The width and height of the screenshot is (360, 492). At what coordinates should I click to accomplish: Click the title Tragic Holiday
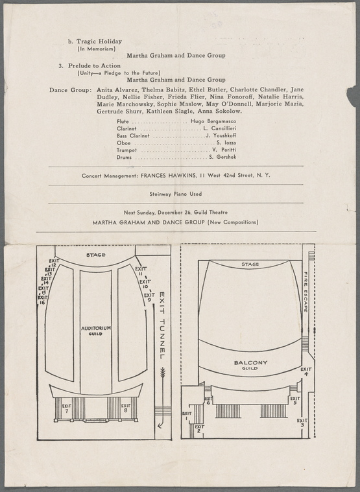tap(99, 41)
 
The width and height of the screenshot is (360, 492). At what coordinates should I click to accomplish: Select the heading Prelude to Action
tap(95, 65)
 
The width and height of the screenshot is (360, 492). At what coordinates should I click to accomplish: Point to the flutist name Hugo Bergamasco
tap(213, 121)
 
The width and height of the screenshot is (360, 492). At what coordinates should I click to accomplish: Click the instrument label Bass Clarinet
tap(133, 135)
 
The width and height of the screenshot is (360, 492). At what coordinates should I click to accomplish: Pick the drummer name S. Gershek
tap(222, 157)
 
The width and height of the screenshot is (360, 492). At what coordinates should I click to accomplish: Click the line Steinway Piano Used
tap(175, 194)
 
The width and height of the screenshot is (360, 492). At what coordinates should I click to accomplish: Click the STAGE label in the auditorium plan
tap(96, 255)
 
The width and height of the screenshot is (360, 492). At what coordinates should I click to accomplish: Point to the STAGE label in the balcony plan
tap(250, 264)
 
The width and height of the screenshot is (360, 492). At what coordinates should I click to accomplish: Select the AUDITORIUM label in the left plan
tap(96, 328)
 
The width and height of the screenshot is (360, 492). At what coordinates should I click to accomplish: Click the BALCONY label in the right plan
tap(251, 363)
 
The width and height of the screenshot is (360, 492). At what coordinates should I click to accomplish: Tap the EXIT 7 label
tap(67, 408)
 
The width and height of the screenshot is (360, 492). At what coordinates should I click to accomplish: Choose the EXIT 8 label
tap(126, 408)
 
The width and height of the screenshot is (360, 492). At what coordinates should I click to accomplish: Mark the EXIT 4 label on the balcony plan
tap(306, 371)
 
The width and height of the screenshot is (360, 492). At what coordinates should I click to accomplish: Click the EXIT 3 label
tap(302, 423)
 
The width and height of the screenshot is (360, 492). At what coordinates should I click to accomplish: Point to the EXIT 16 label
tap(42, 300)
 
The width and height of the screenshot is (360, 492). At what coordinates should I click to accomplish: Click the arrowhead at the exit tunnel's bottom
tap(160, 426)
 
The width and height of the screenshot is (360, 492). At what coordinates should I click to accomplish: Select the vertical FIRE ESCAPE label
tap(306, 292)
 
